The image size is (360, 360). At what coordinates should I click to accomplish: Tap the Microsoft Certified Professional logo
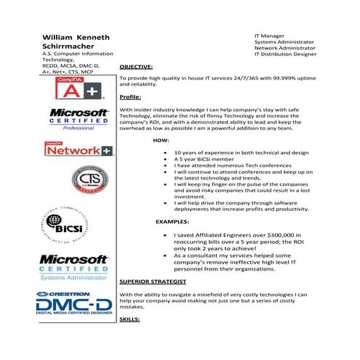(x=78, y=119)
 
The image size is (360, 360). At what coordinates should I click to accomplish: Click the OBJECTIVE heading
(x=135, y=66)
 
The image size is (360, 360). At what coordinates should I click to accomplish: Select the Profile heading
(x=130, y=97)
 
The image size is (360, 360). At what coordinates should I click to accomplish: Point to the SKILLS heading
(x=129, y=319)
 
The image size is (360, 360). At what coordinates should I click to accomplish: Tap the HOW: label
(x=161, y=139)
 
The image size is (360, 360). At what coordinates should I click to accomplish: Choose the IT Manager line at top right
(x=268, y=34)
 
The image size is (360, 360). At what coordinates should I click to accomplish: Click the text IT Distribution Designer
(x=286, y=55)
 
